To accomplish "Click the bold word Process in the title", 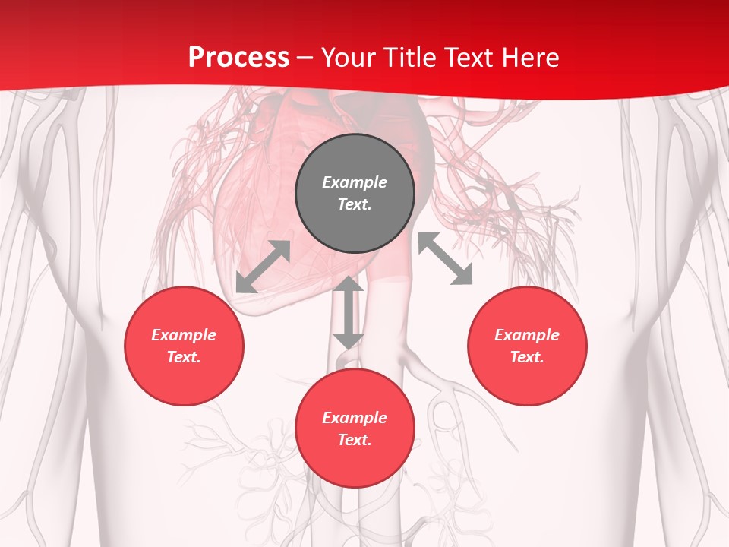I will point(238,58).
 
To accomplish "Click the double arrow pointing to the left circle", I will point(263,267).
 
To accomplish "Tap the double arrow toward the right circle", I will point(445,258).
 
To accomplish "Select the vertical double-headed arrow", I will point(349,312).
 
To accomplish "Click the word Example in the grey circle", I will point(355,182).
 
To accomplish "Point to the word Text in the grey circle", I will point(355,204).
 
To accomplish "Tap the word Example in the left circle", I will point(184,335).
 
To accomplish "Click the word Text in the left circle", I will point(184,357).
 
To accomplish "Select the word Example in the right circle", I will point(527,335).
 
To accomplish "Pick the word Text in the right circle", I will point(527,357).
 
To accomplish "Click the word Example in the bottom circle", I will point(355,418).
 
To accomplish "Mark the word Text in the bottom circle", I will point(355,440).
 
